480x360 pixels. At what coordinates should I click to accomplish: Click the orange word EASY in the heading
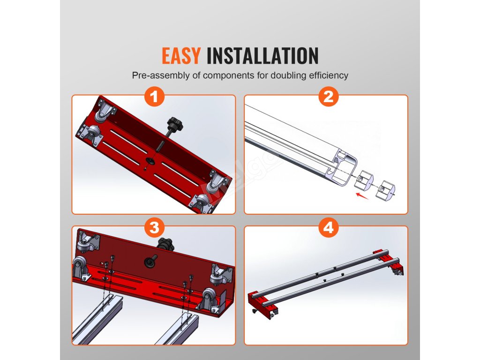181,56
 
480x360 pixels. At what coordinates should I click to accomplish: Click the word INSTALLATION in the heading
262,56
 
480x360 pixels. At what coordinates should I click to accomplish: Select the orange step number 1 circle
154,97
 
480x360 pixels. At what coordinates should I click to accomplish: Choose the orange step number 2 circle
329,97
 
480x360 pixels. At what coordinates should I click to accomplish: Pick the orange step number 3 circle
154,228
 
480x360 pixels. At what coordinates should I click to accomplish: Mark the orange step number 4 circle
329,228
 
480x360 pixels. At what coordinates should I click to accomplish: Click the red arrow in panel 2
362,196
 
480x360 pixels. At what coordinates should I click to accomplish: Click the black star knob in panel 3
165,244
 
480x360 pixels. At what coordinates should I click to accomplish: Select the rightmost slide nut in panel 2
385,189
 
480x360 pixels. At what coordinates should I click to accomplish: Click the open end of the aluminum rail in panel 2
345,168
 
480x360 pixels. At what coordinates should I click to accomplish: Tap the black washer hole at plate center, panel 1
150,160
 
